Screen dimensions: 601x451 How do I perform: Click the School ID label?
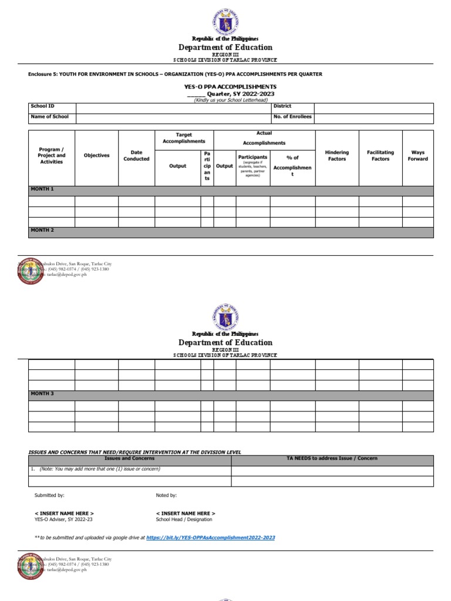pyautogui.click(x=42, y=106)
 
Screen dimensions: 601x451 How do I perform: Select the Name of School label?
pyautogui.click(x=49, y=117)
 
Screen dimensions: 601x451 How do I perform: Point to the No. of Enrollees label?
pyautogui.click(x=292, y=117)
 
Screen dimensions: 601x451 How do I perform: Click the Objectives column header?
pyautogui.click(x=96, y=156)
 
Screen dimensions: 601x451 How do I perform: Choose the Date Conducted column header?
pyautogui.click(x=136, y=156)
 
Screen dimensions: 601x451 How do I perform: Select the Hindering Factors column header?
pyautogui.click(x=336, y=156)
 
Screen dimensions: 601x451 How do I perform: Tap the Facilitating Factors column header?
pyautogui.click(x=380, y=156)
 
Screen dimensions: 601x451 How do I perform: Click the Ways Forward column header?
pyautogui.click(x=418, y=156)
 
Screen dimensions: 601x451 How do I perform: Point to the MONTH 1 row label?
pyautogui.click(x=42, y=190)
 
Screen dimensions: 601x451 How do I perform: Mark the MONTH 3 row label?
pyautogui.click(x=42, y=393)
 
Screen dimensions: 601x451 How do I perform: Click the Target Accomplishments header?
pyautogui.click(x=184, y=138)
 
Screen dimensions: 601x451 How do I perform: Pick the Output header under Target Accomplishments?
pyautogui.click(x=177, y=166)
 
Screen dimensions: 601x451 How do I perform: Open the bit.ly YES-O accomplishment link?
pyautogui.click(x=210, y=537)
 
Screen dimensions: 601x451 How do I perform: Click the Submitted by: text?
pyautogui.click(x=49, y=495)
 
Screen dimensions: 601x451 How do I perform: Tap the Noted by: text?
pyautogui.click(x=166, y=495)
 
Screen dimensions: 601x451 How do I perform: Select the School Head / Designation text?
pyautogui.click(x=184, y=519)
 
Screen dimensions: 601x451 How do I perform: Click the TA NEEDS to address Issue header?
pyautogui.click(x=332, y=458)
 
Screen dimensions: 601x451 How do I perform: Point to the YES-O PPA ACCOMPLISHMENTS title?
pyautogui.click(x=230, y=86)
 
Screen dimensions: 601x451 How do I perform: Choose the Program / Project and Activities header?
pyautogui.click(x=52, y=156)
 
